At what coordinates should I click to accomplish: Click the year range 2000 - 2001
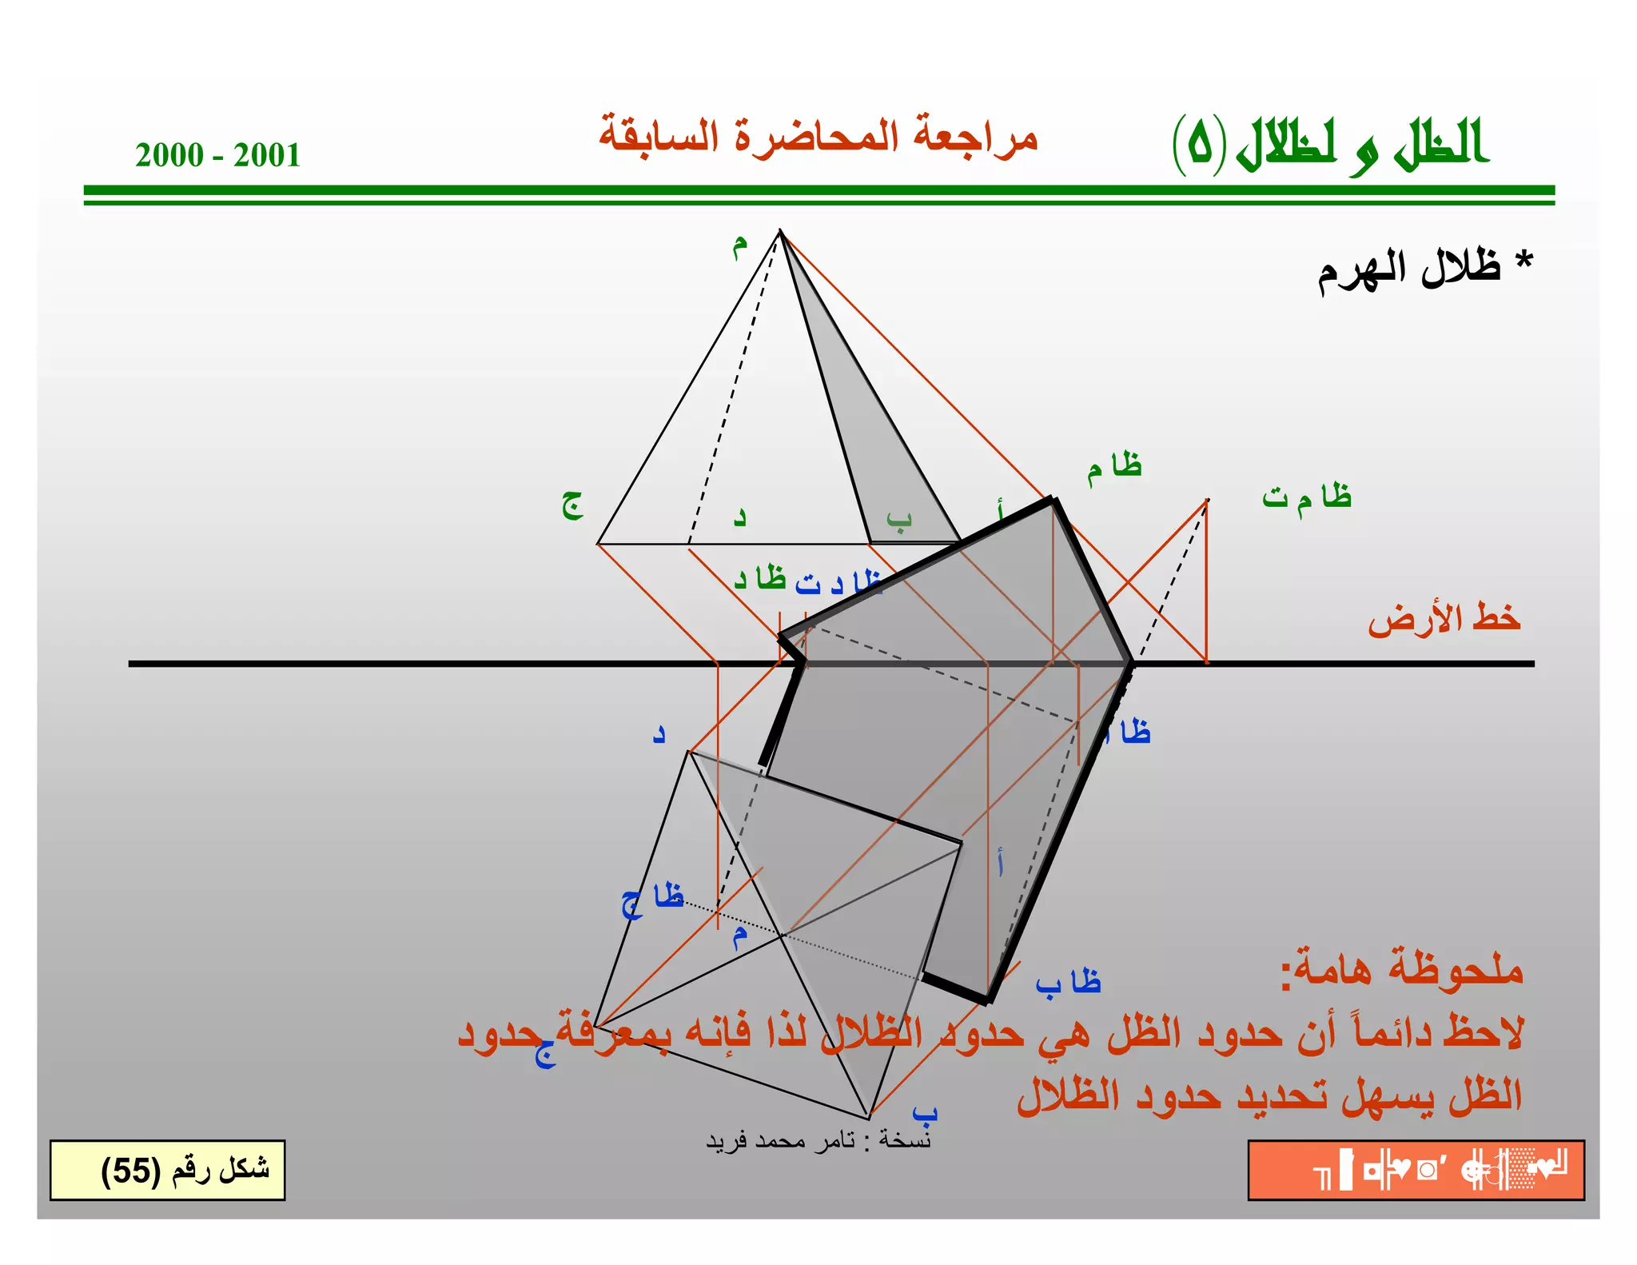[217, 155]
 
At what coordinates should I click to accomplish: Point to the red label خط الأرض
[1443, 618]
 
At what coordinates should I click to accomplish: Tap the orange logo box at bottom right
[1416, 1170]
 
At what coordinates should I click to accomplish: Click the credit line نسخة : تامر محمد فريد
[818, 1139]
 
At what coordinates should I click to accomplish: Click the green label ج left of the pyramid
[572, 505]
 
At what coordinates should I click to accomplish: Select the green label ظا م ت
[1307, 497]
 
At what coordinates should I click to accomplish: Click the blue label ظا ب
[1068, 982]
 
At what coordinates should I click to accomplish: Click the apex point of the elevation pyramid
[781, 231]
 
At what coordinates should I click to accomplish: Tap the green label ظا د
[760, 578]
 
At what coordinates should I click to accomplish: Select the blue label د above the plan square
[659, 734]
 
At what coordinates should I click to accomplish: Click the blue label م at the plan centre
[740, 936]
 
